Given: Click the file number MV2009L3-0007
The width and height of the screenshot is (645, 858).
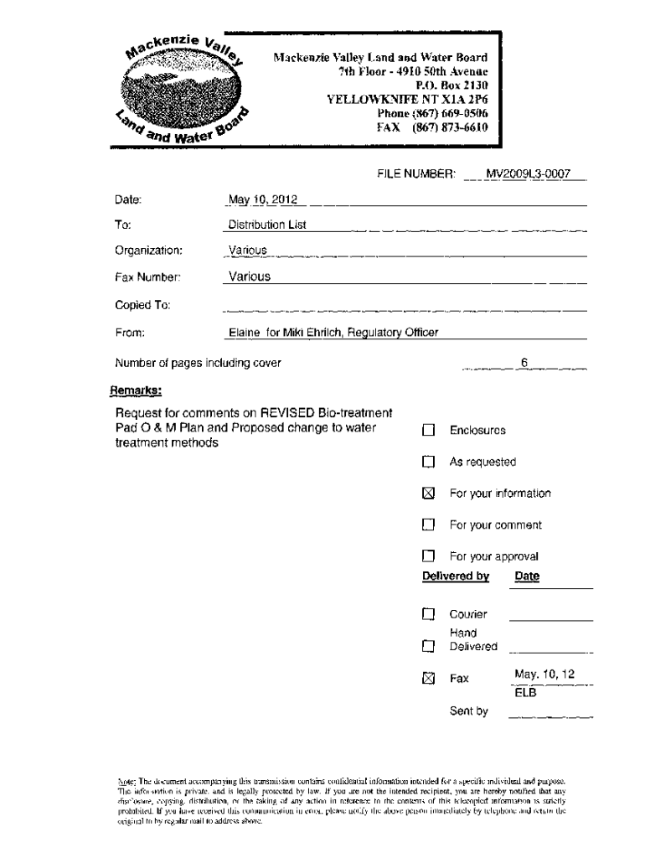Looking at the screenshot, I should click(528, 174).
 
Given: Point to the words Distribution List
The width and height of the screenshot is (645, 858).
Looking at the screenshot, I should click(267, 225).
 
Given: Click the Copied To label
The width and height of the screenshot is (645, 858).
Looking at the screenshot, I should click(142, 306).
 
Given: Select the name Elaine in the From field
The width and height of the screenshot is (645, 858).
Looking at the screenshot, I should click(245, 333).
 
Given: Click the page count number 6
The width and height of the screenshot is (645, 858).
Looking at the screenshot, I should click(524, 363).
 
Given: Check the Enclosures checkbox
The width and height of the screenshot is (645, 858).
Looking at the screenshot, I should click(429, 431).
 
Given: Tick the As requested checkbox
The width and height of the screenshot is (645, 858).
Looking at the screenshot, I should click(429, 462).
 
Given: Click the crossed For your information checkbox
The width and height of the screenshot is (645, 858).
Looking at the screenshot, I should click(429, 494).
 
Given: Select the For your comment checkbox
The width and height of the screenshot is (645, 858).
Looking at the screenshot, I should click(429, 525).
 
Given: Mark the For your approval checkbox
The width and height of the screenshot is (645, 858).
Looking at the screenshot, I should click(429, 556).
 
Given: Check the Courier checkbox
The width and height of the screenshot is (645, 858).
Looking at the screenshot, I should click(429, 614).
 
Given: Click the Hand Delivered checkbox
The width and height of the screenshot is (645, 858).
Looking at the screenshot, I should click(429, 646).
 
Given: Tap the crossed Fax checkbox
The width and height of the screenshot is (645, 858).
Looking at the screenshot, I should click(429, 679).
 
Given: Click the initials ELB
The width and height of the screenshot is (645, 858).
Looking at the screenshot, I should click(525, 693).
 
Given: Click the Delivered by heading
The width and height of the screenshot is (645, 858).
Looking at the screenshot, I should click(456, 576).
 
